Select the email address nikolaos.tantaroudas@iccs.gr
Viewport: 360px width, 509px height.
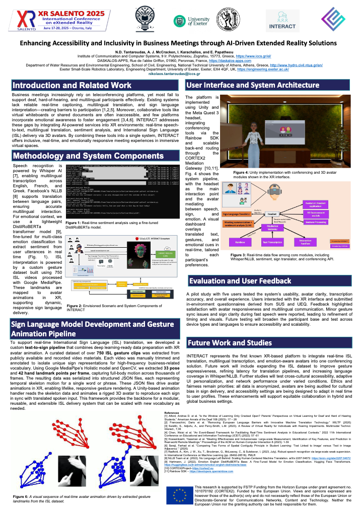coord(179,74)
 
